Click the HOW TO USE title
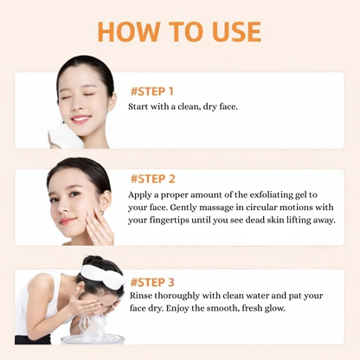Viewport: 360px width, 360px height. point(179,31)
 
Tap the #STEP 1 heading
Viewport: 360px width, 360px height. point(152,91)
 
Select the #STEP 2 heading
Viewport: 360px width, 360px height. point(152,179)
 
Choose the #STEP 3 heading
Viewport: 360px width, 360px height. point(152,282)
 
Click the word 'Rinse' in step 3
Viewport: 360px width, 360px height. point(142,298)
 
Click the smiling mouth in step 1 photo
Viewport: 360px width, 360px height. point(80,119)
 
